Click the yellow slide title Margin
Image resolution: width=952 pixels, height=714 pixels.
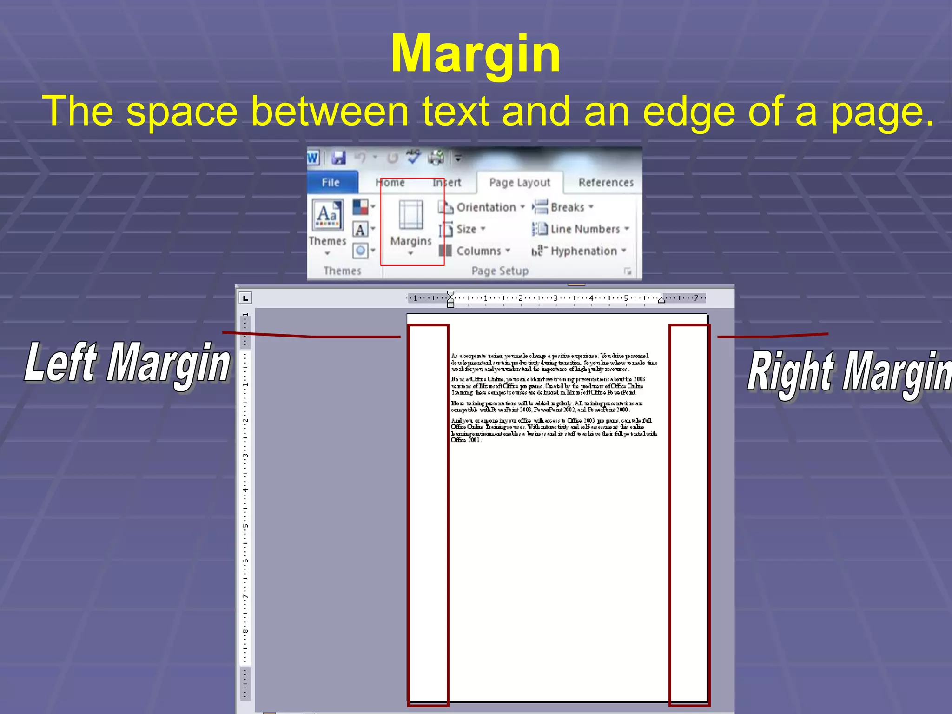476,55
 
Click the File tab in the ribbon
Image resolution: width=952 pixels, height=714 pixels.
331,183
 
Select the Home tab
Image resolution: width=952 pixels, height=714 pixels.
390,183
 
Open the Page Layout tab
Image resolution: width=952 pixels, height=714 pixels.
520,183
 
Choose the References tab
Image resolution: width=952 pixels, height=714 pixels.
606,183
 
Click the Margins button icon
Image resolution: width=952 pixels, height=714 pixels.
411,215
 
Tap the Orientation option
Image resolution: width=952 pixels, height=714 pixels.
486,207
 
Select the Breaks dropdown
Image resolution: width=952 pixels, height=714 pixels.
567,207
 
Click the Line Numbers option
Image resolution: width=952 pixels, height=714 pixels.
585,229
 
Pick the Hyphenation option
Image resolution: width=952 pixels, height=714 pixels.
583,251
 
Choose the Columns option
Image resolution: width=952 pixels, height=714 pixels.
478,251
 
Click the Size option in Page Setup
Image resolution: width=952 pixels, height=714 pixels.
466,229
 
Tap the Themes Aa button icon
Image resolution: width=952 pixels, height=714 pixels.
327,215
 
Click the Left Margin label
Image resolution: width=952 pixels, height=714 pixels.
127,363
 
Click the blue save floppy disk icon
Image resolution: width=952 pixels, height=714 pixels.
338,158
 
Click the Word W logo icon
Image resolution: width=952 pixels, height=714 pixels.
313,158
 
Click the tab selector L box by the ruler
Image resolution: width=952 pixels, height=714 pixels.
245,298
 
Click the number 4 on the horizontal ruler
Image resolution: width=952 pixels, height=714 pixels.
591,298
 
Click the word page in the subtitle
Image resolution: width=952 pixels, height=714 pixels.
882,112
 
